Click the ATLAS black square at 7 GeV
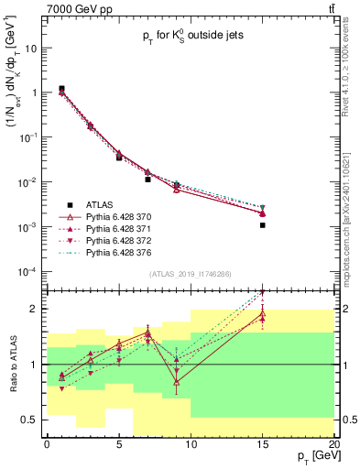tap(147, 180)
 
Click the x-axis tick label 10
tap(191, 444)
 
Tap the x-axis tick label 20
tap(333, 444)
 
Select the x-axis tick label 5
tap(119, 444)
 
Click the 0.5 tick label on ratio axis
tap(31, 420)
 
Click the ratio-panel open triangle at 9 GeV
tap(176, 382)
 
